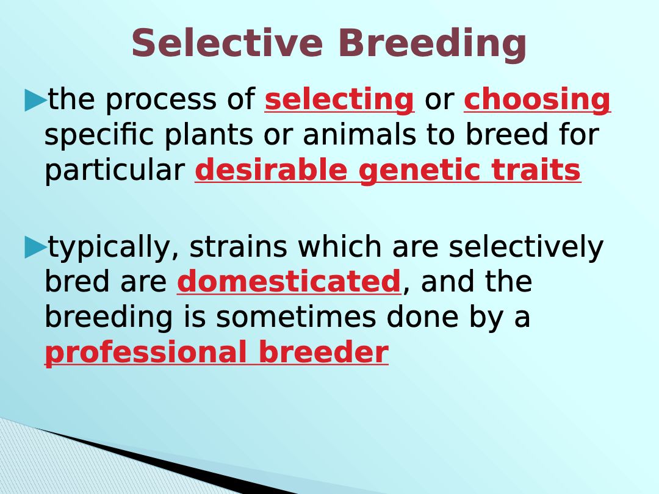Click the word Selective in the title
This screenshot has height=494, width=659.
point(227,43)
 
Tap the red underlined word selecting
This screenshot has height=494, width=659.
point(340,101)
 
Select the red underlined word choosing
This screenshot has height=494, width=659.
point(538,101)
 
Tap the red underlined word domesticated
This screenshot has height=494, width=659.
point(289,281)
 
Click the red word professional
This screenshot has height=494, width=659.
point(145,354)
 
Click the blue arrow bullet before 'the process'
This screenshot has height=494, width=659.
point(35,100)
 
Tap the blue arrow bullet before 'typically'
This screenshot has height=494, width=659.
point(35,247)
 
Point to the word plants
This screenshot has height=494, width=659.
point(209,135)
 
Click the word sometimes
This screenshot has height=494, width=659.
point(296,317)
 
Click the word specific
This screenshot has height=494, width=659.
point(99,135)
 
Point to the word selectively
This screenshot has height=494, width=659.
point(526,248)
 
